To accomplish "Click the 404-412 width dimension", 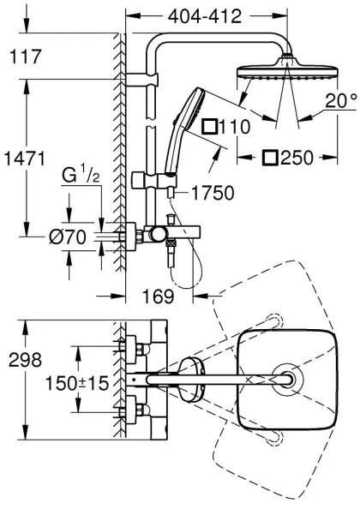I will pyautogui.click(x=204, y=16).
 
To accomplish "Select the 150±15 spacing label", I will pyautogui.click(x=75, y=382).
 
